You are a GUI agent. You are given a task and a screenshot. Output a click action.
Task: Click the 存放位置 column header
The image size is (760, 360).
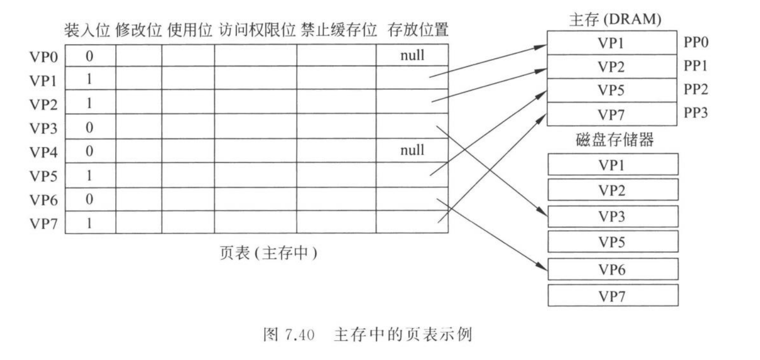point(418,30)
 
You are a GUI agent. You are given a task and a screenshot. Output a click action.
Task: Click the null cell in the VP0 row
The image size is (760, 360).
point(412,55)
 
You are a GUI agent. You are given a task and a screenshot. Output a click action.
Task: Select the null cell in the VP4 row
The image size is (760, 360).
point(412,151)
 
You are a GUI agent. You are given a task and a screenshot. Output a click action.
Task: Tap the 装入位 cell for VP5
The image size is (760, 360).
point(89,175)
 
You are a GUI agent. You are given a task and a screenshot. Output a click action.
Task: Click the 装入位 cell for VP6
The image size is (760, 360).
point(89,200)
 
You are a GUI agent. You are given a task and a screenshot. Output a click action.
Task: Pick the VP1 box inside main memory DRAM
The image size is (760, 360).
point(611,43)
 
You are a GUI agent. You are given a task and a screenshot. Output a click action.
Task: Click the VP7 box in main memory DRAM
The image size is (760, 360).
point(611,115)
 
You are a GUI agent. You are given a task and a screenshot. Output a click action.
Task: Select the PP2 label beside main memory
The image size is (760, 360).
point(696,90)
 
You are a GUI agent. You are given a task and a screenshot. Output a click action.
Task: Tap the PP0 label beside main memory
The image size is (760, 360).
point(696,42)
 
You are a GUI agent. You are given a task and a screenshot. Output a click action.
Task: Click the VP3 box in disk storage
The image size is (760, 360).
point(612,217)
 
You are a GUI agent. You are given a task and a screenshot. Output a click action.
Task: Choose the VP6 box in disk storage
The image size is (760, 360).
point(612,269)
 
